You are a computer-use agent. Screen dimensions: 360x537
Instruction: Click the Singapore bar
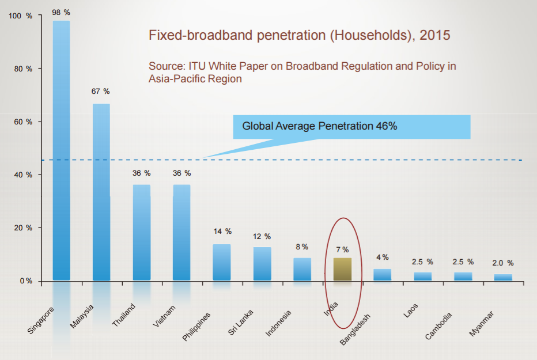click(x=61, y=150)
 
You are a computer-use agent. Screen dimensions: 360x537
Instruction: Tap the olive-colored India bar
click(x=342, y=269)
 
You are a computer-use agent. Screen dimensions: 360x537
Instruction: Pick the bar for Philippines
click(x=222, y=262)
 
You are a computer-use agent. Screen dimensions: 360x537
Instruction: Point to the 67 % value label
click(x=101, y=92)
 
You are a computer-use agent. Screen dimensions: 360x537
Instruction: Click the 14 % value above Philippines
click(x=222, y=232)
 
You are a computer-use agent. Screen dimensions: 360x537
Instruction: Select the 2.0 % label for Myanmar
click(x=502, y=263)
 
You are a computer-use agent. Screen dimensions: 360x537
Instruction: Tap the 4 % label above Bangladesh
click(x=382, y=257)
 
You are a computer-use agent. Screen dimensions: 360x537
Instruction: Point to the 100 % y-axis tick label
click(x=22, y=16)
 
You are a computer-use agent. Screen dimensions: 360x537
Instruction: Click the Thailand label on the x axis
click(x=124, y=315)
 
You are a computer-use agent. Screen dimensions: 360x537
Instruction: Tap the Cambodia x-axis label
click(x=439, y=325)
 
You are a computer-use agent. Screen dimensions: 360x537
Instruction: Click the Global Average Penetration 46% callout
click(x=351, y=127)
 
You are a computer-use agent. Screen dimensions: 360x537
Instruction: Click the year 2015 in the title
click(x=435, y=35)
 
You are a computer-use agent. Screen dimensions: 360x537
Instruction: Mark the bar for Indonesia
click(x=302, y=269)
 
